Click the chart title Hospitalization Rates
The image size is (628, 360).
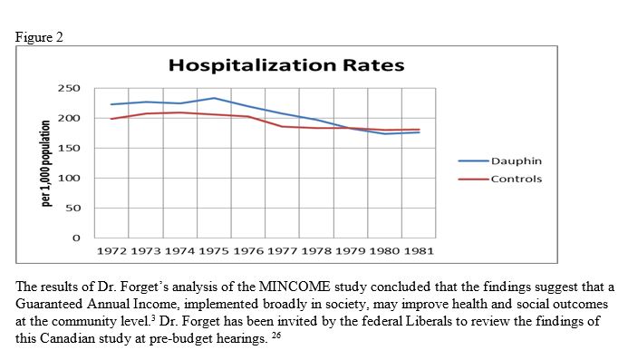[285, 65]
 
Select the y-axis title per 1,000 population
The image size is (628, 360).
[45, 162]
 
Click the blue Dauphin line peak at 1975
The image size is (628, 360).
[214, 98]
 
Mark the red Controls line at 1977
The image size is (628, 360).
[282, 126]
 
